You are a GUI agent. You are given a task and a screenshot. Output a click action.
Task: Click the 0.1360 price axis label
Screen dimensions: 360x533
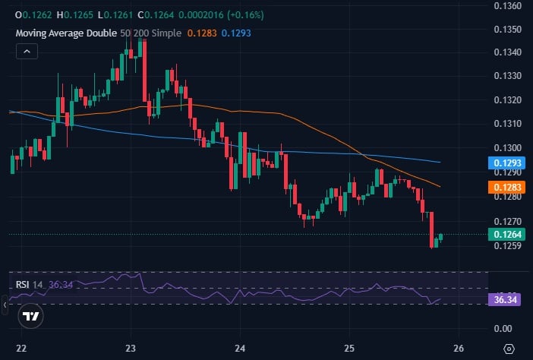tap(507, 5)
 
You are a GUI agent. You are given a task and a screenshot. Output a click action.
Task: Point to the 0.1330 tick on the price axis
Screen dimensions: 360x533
tap(507, 76)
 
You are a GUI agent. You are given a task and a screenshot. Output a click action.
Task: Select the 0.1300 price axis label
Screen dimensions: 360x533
tap(507, 147)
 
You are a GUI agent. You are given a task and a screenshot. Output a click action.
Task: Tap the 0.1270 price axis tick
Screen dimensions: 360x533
tap(507, 221)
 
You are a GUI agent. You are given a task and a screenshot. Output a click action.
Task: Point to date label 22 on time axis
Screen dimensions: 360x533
tap(21, 347)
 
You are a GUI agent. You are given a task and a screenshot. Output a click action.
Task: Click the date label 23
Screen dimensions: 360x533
tap(131, 347)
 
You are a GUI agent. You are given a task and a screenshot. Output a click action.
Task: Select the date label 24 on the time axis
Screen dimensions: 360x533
tap(240, 347)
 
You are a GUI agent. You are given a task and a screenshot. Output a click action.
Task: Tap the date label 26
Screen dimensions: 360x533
tap(458, 347)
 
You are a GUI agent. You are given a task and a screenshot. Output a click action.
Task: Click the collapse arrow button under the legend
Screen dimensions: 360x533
tap(27, 51)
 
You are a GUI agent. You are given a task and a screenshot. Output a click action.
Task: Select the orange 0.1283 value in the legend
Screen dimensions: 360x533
tap(205, 33)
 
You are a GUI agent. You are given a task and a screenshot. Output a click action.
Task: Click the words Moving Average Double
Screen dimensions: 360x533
tap(66, 33)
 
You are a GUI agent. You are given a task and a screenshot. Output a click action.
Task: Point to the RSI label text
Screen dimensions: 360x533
tap(22, 285)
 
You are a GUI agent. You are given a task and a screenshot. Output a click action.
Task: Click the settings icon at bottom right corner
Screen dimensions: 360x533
tap(508, 347)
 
